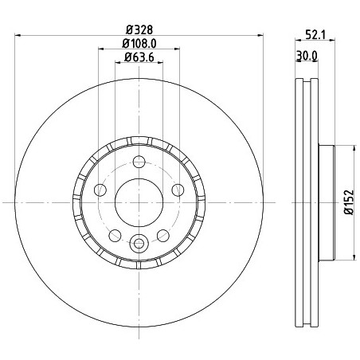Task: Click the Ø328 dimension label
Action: pos(139,30)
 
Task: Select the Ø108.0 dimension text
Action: pos(139,44)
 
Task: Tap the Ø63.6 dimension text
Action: pos(139,57)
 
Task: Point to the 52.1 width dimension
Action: pos(315,35)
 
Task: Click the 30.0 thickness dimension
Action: pos(307,56)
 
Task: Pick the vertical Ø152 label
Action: pos(349,202)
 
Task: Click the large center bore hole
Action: pos(139,202)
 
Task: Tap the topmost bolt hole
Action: pos(139,162)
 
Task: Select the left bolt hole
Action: pos(100,190)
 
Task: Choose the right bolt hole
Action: pos(178,190)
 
